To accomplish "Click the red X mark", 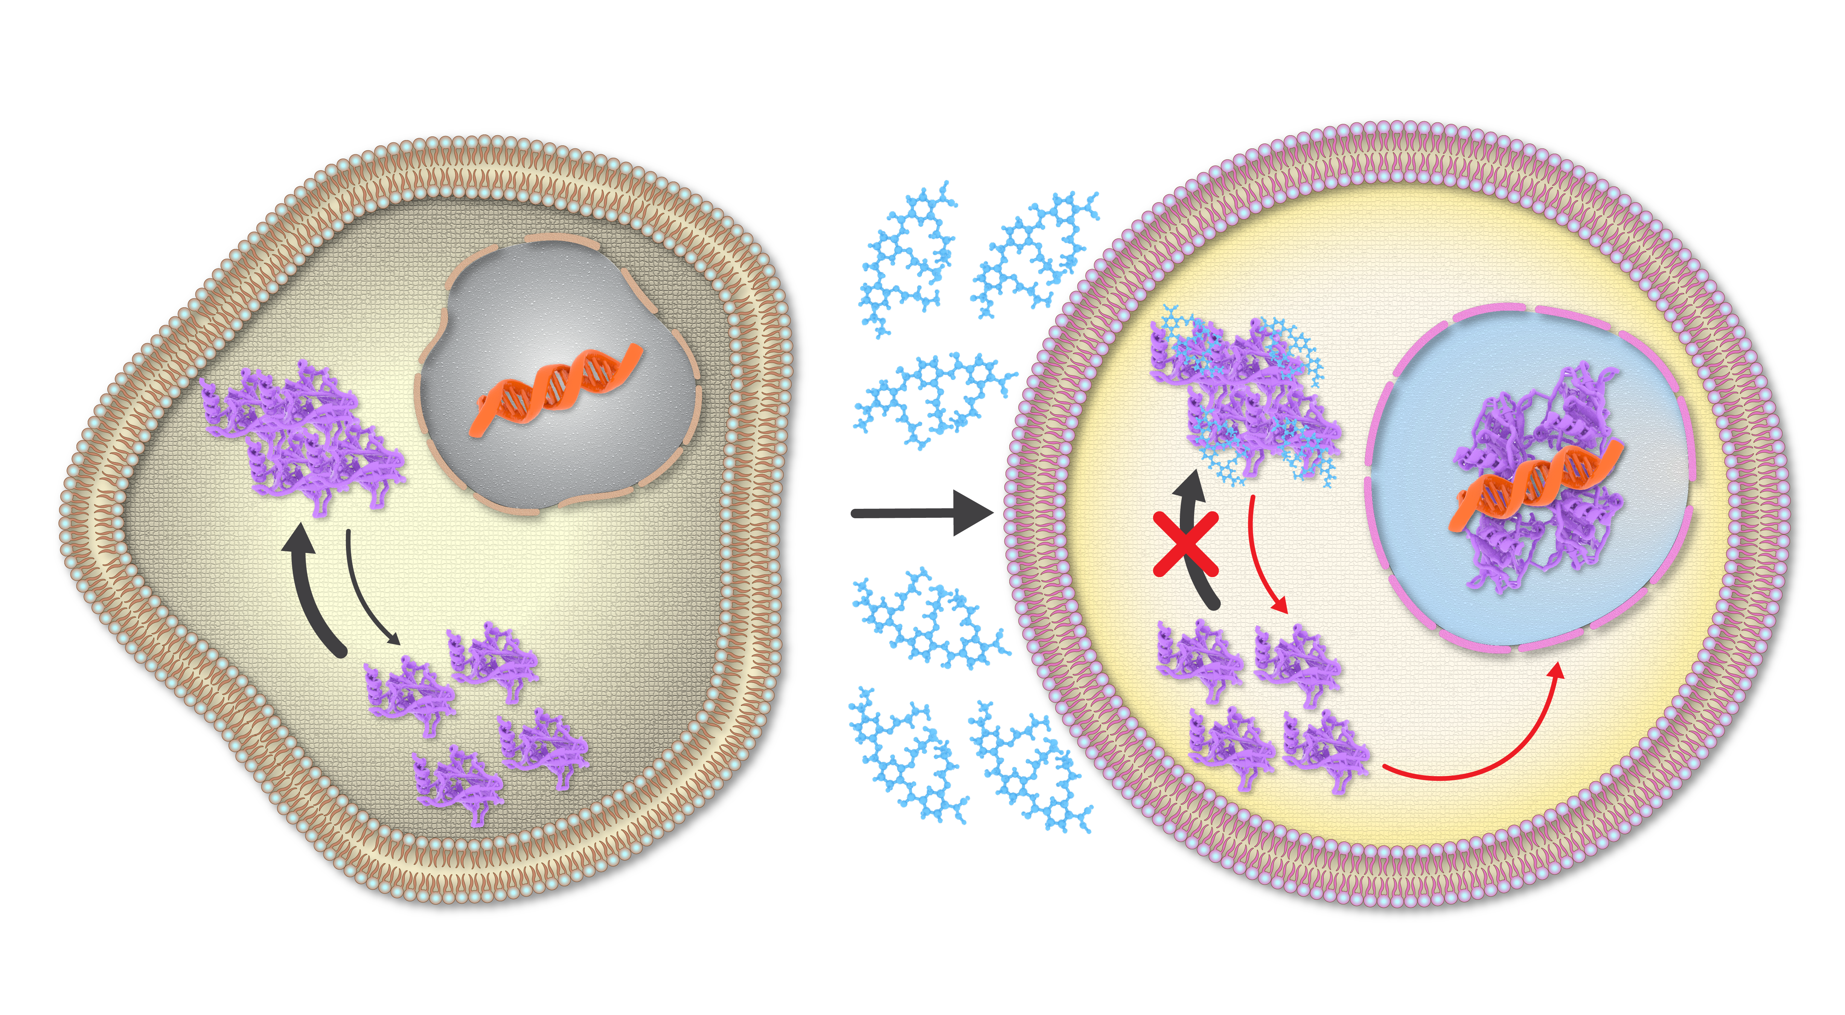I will pos(1185,544).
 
